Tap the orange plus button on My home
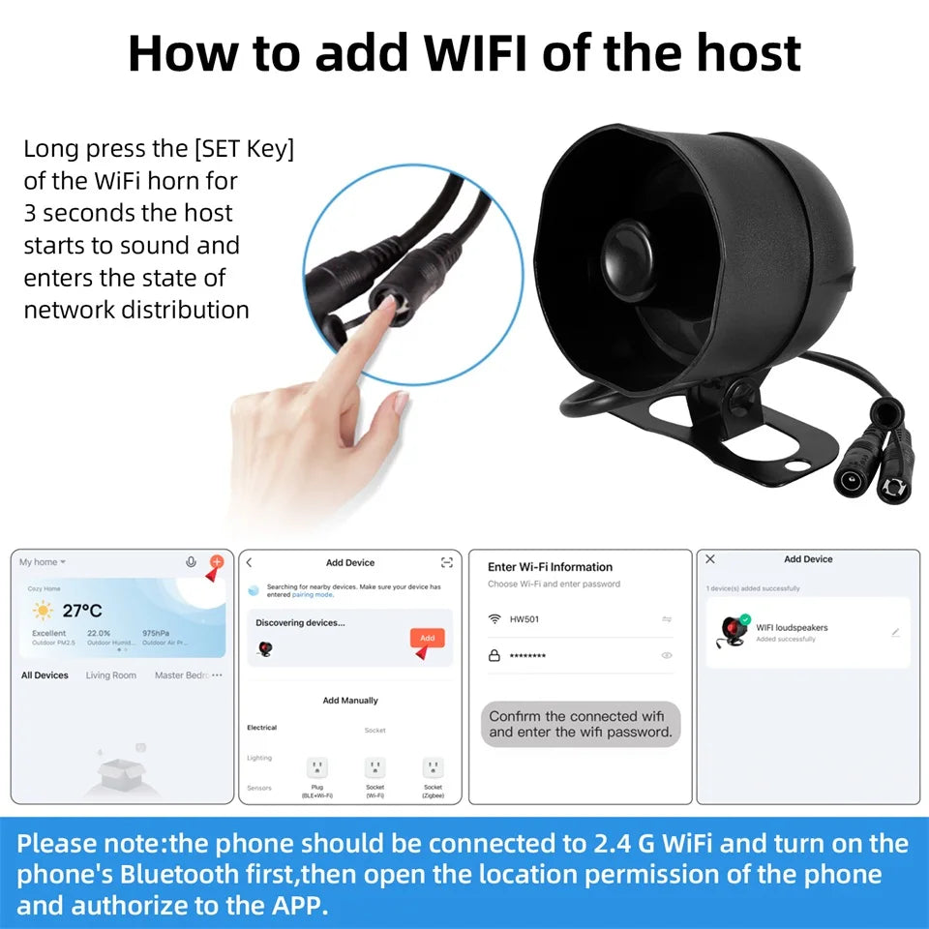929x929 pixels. [217, 562]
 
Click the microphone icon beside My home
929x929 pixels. [191, 562]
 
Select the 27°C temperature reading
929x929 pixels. [82, 611]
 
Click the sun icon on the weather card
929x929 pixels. [43, 611]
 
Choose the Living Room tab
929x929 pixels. [110, 675]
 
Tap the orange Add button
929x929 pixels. [427, 638]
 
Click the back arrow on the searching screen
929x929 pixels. [249, 562]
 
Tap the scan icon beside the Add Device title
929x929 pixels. [446, 562]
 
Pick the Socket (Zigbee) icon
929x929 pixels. [433, 768]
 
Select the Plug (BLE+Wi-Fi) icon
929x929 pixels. [316, 768]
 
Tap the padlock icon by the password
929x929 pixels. [494, 655]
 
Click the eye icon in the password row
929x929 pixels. [666, 655]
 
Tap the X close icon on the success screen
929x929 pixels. [710, 559]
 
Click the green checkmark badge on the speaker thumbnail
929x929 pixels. [744, 620]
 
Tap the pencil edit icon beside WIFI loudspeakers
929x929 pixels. [895, 632]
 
